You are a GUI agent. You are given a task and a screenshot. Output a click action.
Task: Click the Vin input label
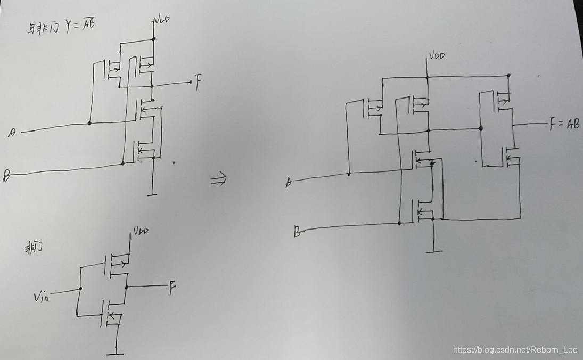[x=41, y=297]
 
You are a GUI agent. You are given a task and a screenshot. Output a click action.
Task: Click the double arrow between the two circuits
[x=219, y=180]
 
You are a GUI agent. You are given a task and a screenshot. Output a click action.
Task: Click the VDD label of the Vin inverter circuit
[x=141, y=231]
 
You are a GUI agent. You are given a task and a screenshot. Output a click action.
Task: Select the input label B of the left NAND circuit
[x=6, y=176]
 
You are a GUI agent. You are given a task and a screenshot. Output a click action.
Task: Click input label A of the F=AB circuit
[x=289, y=183]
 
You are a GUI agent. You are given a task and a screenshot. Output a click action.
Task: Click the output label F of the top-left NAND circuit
[x=198, y=83]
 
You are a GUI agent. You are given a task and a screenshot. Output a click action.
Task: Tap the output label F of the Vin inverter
[x=172, y=289]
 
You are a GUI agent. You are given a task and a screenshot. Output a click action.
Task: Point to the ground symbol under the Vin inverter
[x=114, y=353]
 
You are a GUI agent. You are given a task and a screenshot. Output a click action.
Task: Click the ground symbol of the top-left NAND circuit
[x=152, y=194]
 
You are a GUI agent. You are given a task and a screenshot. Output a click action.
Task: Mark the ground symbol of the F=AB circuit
[x=434, y=250]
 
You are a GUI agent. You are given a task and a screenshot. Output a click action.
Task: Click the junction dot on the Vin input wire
[x=80, y=289]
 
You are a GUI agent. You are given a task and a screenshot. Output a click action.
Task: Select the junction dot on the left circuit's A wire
[x=89, y=124]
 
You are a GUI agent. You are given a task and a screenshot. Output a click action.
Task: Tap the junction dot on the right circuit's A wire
[x=348, y=174]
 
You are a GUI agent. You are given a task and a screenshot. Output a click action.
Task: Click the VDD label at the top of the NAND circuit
[x=162, y=20]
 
